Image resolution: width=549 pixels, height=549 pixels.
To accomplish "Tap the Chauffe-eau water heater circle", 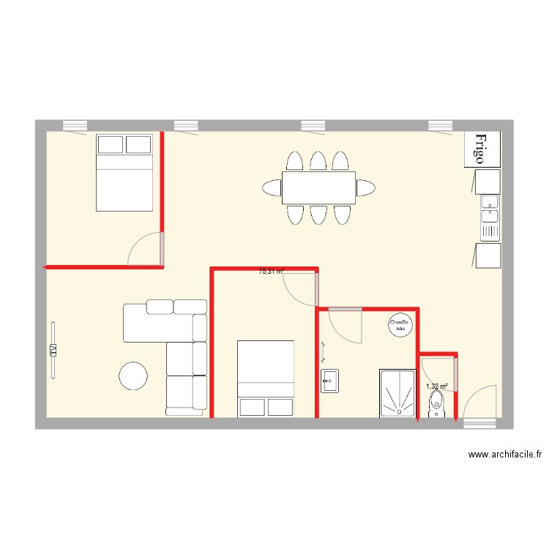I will [400, 325].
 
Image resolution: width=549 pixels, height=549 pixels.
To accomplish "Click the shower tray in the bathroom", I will [397, 393].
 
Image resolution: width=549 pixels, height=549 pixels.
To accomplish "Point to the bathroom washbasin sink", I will [330, 381].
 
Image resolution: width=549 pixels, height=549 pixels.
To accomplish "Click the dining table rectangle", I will [318, 188].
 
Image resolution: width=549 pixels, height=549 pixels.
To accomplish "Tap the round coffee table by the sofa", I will [134, 376].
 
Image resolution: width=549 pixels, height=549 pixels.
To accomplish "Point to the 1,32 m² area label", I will [437, 386].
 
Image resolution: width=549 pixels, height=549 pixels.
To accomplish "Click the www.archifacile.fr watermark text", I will [505, 455].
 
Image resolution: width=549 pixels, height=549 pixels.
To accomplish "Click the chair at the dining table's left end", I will [271, 188].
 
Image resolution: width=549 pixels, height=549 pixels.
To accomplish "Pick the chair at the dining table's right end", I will [366, 188].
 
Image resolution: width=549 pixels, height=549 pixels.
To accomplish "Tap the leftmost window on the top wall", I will [75, 125].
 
